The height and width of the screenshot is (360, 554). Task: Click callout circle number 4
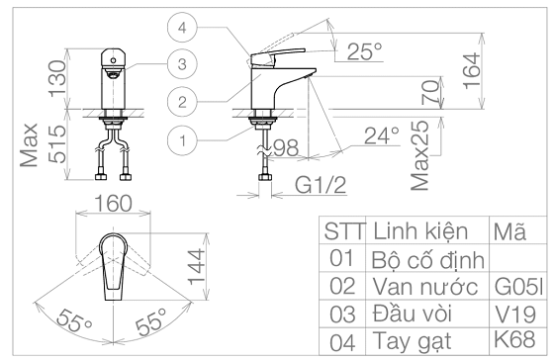click(x=182, y=28)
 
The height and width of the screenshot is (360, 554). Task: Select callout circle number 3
click(x=182, y=64)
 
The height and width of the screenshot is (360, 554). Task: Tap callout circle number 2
click(x=182, y=102)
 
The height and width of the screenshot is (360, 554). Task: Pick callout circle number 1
click(x=182, y=140)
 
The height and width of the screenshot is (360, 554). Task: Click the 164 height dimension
click(x=472, y=70)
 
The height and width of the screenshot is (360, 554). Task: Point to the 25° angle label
click(x=365, y=51)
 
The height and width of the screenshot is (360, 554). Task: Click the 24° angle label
click(x=382, y=135)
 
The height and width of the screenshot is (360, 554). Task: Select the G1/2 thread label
click(x=321, y=184)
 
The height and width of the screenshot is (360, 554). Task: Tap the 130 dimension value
click(x=57, y=78)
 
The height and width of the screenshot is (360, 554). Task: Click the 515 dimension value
click(x=57, y=144)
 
